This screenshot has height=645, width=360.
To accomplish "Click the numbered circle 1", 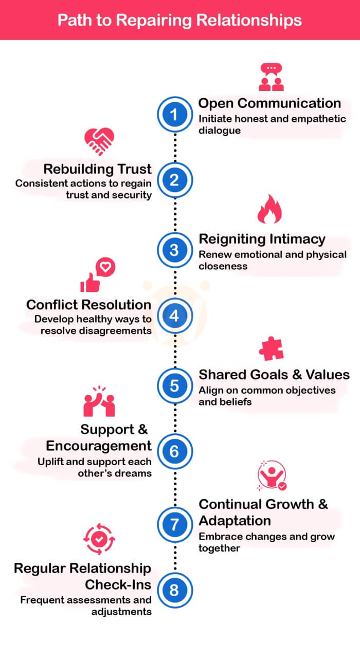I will (174, 115).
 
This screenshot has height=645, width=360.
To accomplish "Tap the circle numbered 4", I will (174, 316).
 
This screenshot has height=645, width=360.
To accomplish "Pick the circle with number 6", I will (174, 451).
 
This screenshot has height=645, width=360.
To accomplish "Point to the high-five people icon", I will (99, 401).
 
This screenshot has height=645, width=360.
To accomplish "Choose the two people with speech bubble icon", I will (272, 77).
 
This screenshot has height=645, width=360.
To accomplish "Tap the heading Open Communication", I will (269, 103).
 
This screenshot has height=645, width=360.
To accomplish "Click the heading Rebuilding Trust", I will (97, 169).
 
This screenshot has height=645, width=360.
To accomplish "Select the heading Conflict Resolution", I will (89, 305).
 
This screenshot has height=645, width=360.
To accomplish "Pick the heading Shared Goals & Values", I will (274, 374).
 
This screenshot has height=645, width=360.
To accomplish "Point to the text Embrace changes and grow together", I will (266, 542).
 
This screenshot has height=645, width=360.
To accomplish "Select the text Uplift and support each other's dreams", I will (95, 467).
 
